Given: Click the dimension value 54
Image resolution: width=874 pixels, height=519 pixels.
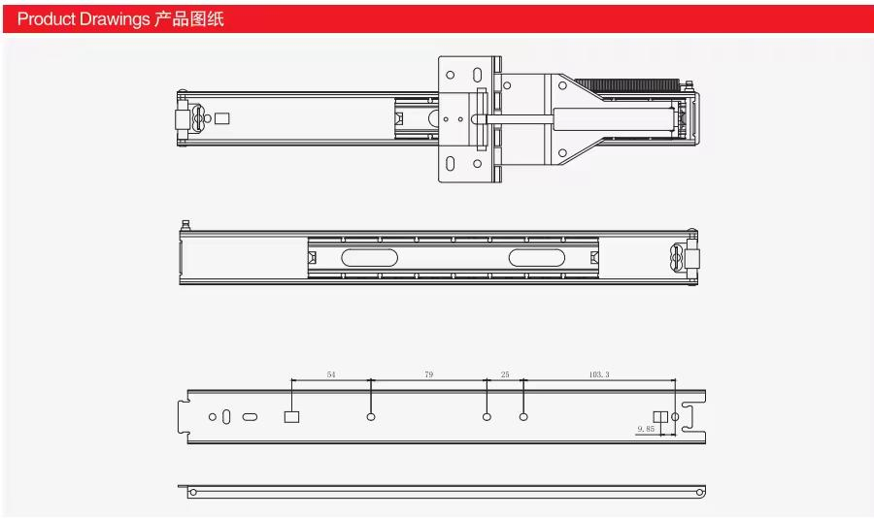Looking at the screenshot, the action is click(x=331, y=374).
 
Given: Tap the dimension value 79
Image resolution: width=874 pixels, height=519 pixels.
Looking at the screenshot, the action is click(x=428, y=374).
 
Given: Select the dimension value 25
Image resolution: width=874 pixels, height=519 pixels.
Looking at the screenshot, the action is click(x=505, y=374).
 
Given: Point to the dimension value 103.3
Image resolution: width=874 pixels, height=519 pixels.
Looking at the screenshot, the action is click(x=599, y=374).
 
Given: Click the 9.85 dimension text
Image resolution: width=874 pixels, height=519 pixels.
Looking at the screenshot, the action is click(x=646, y=429).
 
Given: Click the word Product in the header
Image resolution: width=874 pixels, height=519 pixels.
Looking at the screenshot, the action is click(x=47, y=19).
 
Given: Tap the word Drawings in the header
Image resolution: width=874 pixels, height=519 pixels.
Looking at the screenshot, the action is click(x=115, y=19).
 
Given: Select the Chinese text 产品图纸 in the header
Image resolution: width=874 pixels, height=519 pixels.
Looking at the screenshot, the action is click(x=189, y=19).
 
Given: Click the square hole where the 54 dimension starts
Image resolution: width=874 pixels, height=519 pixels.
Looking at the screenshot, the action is click(x=291, y=416).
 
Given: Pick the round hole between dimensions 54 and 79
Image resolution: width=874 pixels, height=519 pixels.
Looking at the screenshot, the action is click(x=371, y=416).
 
